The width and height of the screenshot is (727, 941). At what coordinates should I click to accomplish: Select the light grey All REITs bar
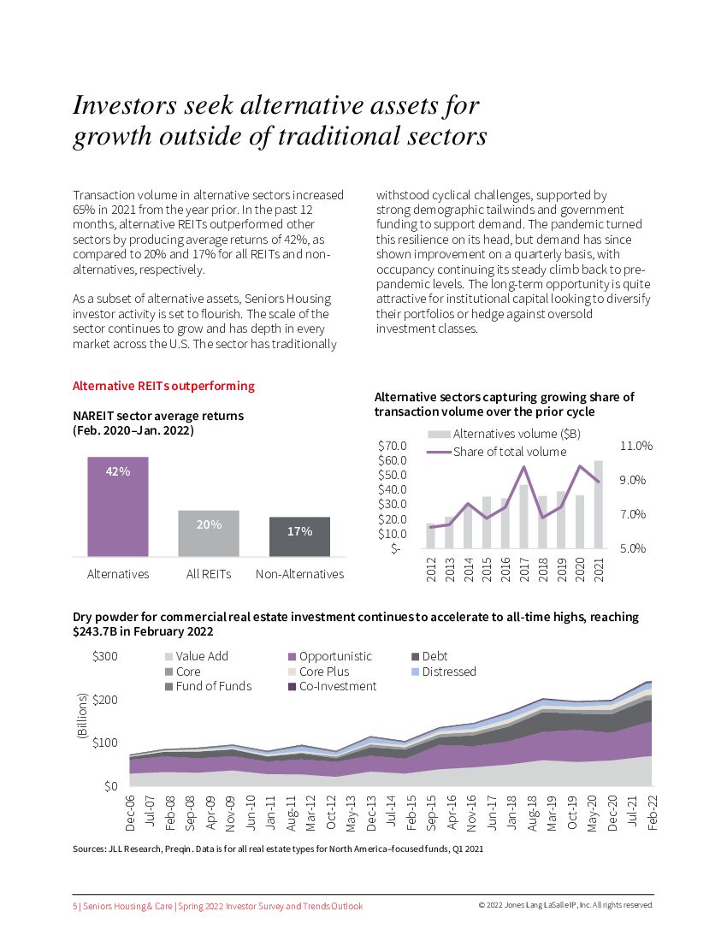[x=209, y=534]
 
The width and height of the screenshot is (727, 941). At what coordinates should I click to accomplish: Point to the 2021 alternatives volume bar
[x=599, y=505]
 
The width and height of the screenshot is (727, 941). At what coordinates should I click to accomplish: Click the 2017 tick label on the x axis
[x=524, y=569]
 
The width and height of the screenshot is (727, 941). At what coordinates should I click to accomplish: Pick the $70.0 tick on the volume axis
[x=392, y=446]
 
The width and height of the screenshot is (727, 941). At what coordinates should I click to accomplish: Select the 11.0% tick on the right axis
[x=635, y=446]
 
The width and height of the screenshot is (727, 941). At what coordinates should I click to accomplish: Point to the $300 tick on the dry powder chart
[x=104, y=656]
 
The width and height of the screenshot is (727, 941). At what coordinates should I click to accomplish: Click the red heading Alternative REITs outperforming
[x=163, y=386]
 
